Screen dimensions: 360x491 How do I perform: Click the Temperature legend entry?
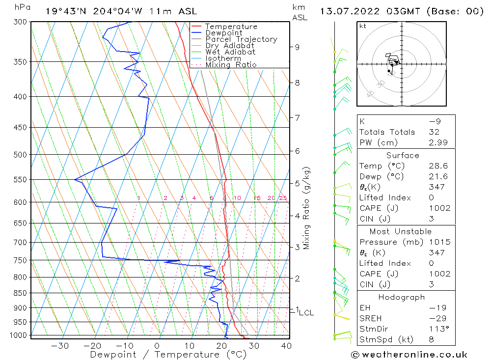coord(231,27)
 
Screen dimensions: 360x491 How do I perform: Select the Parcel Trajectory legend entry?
coord(241,39)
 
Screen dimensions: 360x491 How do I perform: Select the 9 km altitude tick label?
coord(297,47)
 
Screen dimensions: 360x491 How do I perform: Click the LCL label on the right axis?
coord(306,312)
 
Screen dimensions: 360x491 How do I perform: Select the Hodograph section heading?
coord(402,297)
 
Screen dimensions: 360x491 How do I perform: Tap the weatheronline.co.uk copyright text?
coord(409,354)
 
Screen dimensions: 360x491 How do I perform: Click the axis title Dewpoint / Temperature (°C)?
coord(168,354)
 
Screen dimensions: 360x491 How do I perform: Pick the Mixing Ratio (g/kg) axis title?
coord(306,208)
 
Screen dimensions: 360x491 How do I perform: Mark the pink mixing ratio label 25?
coord(283,198)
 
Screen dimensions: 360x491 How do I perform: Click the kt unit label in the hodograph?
coord(363,26)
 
